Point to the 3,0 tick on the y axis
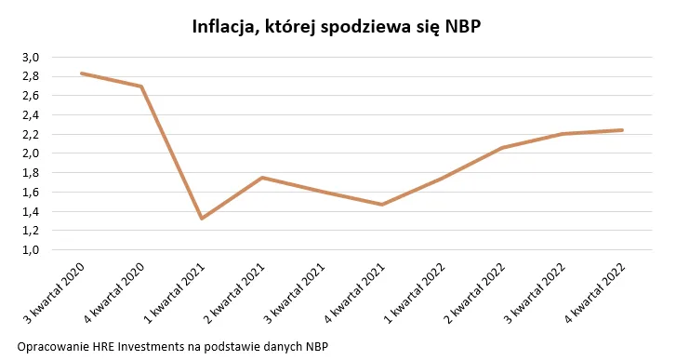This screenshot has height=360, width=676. point(31,57)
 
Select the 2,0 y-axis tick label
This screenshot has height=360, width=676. point(31,153)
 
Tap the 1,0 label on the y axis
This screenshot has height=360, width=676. point(31,250)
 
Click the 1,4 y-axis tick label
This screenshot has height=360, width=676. point(31,211)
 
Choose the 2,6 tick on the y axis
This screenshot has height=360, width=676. point(31,96)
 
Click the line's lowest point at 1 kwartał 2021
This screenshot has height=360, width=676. point(202,218)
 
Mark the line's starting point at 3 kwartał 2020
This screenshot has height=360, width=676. point(82,73)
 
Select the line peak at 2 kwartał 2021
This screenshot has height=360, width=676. point(262,177)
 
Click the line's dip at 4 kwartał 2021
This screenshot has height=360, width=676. point(382,205)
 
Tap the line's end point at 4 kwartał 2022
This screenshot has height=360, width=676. point(622,130)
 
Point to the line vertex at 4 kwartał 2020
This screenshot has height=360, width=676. point(141,87)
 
